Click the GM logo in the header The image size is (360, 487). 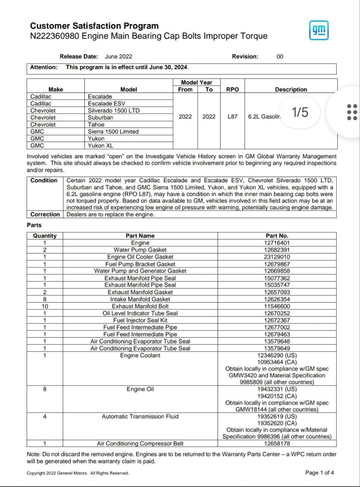pyautogui.click(x=319, y=30)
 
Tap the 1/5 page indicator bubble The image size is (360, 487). pyautogui.click(x=300, y=112)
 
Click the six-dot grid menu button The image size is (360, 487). pyautogui.click(x=352, y=112)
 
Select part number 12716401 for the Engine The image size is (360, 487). pyautogui.click(x=277, y=243)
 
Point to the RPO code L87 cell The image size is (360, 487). pyautogui.click(x=232, y=117)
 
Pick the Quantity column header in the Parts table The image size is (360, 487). pyautogui.click(x=45, y=236)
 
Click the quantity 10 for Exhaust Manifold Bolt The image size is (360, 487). pyautogui.click(x=45, y=306)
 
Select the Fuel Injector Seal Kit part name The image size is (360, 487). pyautogui.click(x=140, y=320)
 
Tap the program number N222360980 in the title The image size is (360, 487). pyautogui.click(x=55, y=36)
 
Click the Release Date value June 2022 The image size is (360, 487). pyautogui.click(x=119, y=57)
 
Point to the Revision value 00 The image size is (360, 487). pyautogui.click(x=280, y=57)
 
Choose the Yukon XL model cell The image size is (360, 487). pyautogui.click(x=100, y=146)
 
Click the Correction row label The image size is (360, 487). pyautogui.click(x=45, y=215)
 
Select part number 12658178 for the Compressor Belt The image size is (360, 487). pyautogui.click(x=277, y=444)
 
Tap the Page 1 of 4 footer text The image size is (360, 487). pyautogui.click(x=320, y=473)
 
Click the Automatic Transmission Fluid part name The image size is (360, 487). pyautogui.click(x=140, y=417)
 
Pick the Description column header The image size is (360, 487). pyautogui.click(x=291, y=90)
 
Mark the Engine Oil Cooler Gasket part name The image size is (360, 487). pyautogui.click(x=140, y=257)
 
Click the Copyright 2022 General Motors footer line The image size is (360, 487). pyautogui.click(x=78, y=473)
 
